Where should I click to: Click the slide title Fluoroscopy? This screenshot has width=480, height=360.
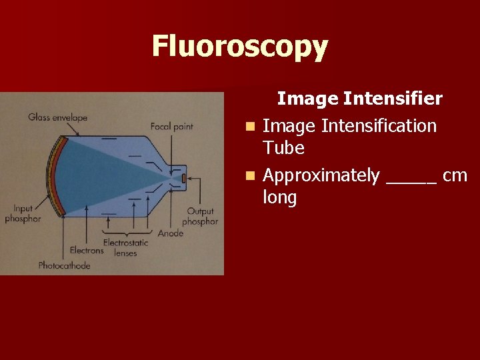[240, 47]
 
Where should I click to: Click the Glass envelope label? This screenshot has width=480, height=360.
[58, 118]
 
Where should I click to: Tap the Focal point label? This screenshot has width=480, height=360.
[171, 126]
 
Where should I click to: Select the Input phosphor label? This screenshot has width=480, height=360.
[23, 214]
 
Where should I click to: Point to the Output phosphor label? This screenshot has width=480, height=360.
[200, 217]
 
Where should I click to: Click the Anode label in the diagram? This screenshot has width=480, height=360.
[171, 233]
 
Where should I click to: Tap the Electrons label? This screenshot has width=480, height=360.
[87, 251]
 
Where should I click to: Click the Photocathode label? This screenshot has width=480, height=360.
[64, 265]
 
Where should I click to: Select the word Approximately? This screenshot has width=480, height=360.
[321, 176]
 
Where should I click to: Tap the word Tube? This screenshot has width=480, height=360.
[283, 147]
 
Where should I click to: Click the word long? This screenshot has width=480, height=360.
[280, 198]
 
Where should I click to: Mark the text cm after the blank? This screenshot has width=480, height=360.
[455, 176]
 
